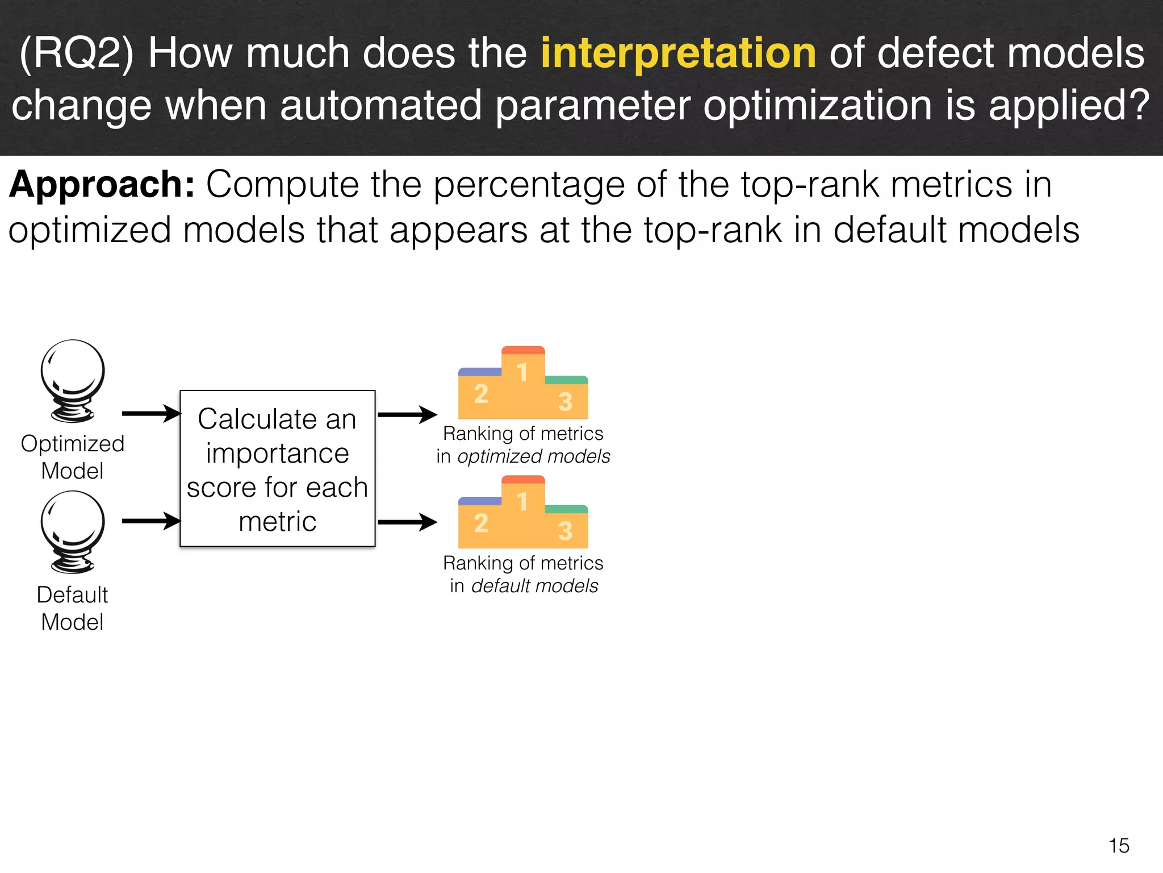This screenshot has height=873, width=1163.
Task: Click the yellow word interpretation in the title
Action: pyautogui.click(x=678, y=53)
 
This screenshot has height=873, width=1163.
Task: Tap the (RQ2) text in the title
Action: pyautogui.click(x=77, y=53)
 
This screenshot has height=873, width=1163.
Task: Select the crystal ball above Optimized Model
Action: pyautogui.click(x=73, y=380)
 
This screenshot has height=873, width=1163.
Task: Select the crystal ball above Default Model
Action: pyautogui.click(x=73, y=531)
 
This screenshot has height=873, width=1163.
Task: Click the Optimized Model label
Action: pyautogui.click(x=73, y=457)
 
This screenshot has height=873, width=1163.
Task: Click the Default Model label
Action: pyautogui.click(x=73, y=608)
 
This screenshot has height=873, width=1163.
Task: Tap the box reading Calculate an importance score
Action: pyautogui.click(x=278, y=469)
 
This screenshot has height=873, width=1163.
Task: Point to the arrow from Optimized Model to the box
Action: pyautogui.click(x=151, y=414)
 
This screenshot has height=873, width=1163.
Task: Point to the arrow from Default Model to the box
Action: pyautogui.click(x=151, y=521)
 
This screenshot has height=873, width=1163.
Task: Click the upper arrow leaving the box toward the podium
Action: pyautogui.click(x=407, y=414)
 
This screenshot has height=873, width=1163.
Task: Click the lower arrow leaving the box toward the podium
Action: pyautogui.click(x=407, y=522)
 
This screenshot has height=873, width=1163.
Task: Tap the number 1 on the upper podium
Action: pyautogui.click(x=522, y=373)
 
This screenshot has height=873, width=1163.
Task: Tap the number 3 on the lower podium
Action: pyautogui.click(x=565, y=531)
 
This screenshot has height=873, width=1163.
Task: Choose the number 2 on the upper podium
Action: pyautogui.click(x=481, y=393)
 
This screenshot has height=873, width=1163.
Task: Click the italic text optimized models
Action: pyautogui.click(x=534, y=456)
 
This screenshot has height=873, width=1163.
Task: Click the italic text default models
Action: pyautogui.click(x=535, y=586)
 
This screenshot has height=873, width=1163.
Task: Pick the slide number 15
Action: pyautogui.click(x=1119, y=846)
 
